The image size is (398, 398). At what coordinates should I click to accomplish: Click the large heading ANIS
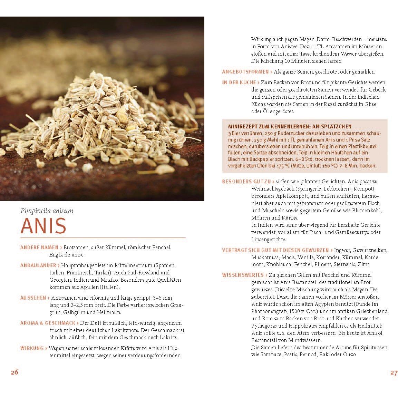click(43, 226)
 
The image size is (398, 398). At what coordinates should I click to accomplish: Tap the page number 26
click(14, 372)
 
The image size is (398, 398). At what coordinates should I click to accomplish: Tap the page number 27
click(394, 372)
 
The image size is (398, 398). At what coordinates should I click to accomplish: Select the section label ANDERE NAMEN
click(39, 247)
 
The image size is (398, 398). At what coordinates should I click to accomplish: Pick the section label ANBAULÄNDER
click(38, 265)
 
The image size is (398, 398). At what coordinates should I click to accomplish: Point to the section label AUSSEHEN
click(33, 298)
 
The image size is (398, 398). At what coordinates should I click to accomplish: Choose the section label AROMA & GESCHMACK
click(48, 323)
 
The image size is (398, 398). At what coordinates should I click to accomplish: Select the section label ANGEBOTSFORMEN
click(245, 72)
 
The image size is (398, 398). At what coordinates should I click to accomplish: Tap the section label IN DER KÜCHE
click(239, 82)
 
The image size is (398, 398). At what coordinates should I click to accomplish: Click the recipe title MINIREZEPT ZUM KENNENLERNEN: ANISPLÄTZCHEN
click(290, 127)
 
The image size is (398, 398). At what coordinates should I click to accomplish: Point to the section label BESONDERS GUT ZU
click(246, 181)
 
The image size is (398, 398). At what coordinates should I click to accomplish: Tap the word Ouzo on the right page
click(349, 355)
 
